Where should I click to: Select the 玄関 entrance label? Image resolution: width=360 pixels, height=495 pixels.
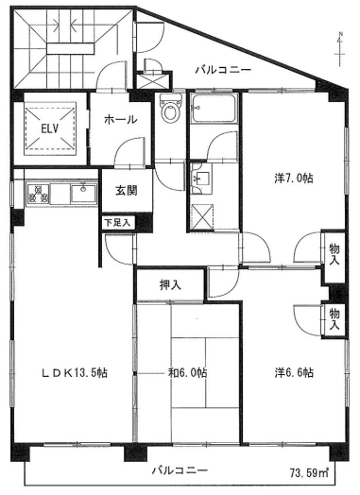click(126, 190)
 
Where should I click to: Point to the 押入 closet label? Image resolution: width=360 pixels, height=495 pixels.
click(170, 282)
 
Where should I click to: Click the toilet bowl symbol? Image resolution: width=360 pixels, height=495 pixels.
click(170, 111)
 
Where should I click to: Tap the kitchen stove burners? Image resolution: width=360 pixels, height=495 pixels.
click(41, 195)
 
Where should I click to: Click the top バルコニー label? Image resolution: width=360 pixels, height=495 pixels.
click(223, 69)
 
